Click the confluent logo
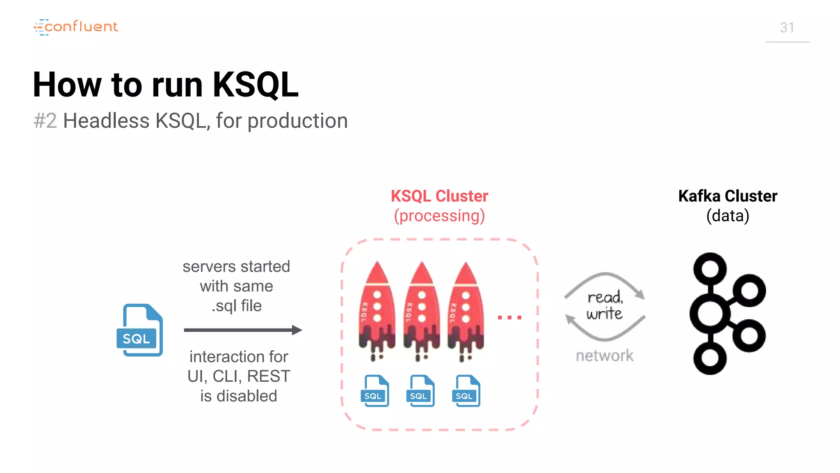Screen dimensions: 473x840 pos(76,27)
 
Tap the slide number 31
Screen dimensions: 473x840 pos(787,28)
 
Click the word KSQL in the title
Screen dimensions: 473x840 pos(255,85)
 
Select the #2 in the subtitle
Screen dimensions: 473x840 pos(45,121)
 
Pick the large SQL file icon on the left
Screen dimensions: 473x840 pos(140,330)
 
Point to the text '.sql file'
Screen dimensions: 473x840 pos(237,306)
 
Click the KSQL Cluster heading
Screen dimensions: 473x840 pos(439,196)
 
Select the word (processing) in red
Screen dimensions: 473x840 pos(439,216)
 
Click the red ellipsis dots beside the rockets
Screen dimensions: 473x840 pos(509,317)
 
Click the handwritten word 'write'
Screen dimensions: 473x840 pos(604,314)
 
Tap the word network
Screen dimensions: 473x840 pos(605,356)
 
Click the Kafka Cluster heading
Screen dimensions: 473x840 pos(728,196)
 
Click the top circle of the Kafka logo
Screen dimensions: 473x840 pos(710,269)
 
